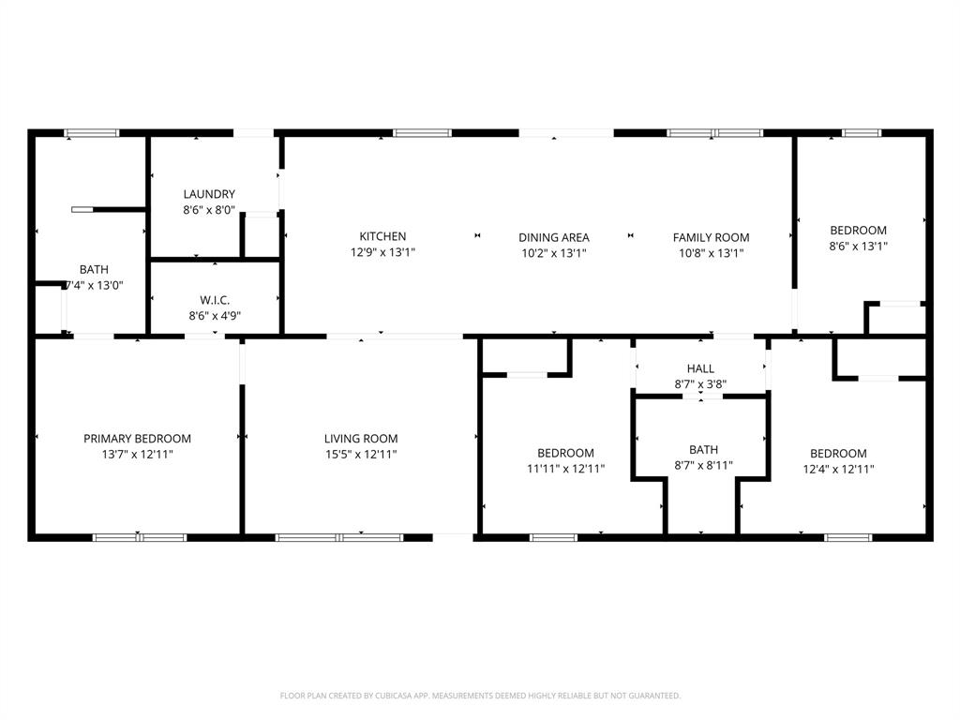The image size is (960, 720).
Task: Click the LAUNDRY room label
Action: click(209, 194)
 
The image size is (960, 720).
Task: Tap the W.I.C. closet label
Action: click(215, 300)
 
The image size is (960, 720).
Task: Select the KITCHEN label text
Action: click(382, 236)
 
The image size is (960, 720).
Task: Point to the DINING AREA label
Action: click(554, 237)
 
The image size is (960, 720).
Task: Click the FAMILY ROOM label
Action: click(711, 237)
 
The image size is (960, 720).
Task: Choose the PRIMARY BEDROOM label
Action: click(137, 438)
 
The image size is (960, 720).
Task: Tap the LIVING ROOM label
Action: click(361, 438)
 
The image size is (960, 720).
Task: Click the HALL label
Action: click(700, 368)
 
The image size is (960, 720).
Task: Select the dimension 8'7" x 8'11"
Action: click(703, 465)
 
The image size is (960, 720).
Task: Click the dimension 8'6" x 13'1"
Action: click(858, 246)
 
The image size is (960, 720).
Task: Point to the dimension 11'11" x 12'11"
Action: click(565, 469)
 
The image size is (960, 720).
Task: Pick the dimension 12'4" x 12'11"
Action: click(838, 469)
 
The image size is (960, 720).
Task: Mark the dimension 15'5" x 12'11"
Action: click(361, 454)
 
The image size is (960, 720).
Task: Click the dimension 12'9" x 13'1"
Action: click(382, 252)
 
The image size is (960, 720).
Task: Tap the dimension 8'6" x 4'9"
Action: click(215, 316)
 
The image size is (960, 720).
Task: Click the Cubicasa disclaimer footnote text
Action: click(480, 696)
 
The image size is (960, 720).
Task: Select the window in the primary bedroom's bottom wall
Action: click(139, 537)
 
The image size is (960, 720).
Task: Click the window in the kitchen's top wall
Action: click(422, 133)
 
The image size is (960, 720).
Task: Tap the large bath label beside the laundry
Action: click(94, 269)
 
